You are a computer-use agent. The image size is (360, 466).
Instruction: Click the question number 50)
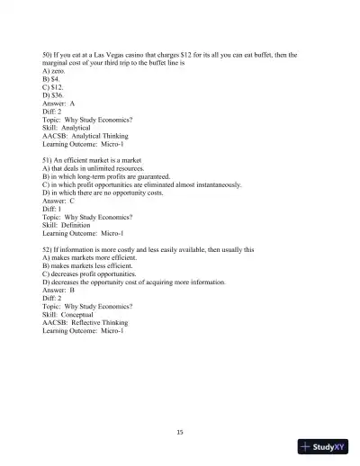point(49,55)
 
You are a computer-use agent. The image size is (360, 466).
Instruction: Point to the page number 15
point(180,432)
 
